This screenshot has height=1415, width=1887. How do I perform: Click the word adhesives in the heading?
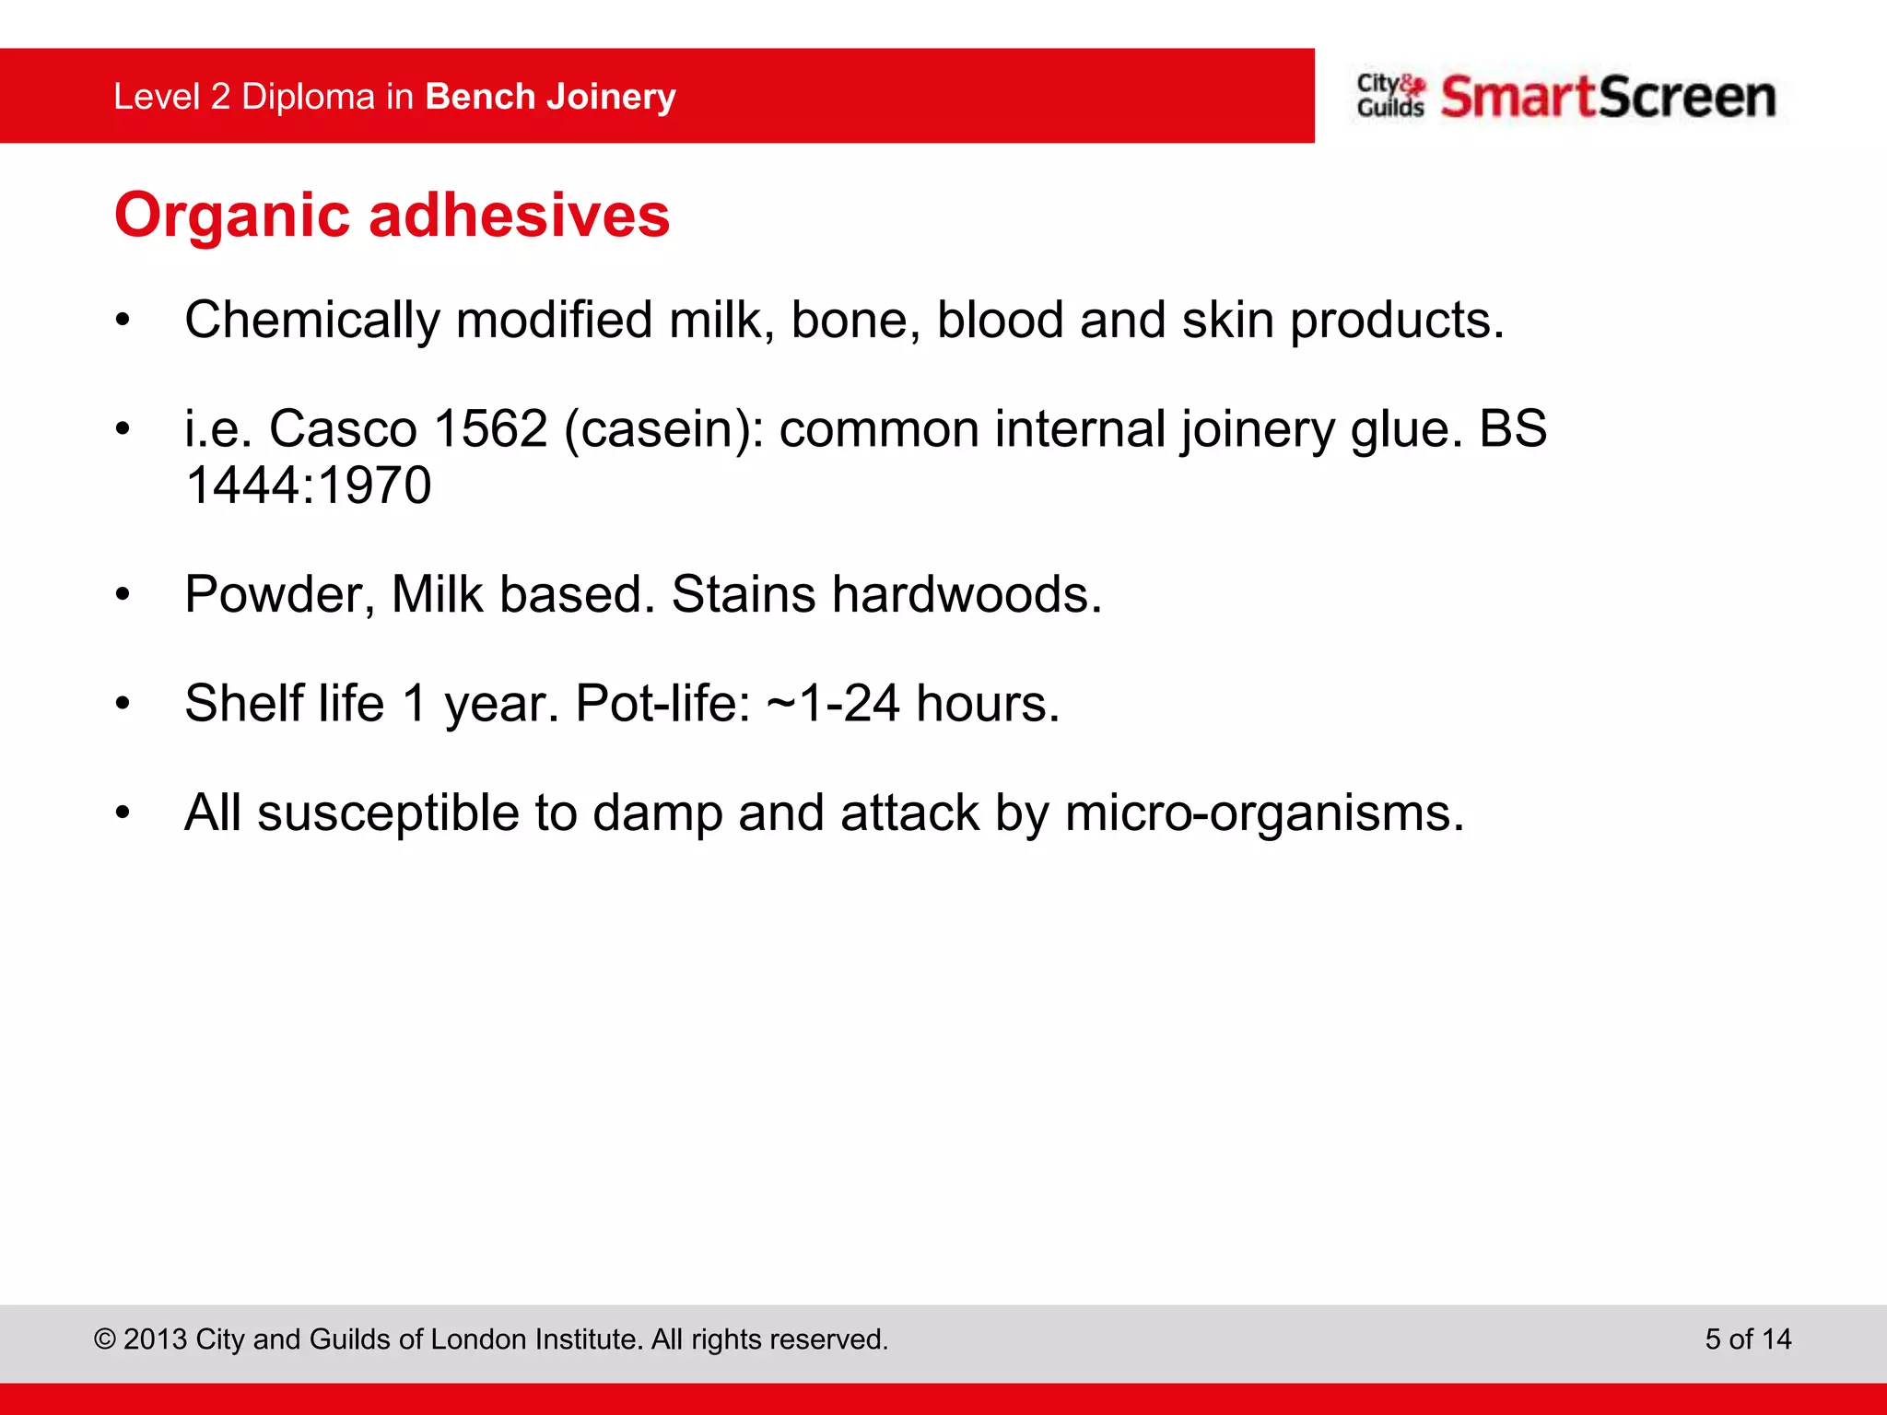[x=519, y=215]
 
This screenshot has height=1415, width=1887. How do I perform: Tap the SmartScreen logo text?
[x=1608, y=97]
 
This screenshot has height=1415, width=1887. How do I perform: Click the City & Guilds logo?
[x=1390, y=96]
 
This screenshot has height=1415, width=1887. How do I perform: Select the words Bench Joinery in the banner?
[x=551, y=97]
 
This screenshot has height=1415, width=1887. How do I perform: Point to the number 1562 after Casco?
[x=490, y=428]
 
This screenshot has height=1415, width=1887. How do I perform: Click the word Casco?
[x=343, y=428]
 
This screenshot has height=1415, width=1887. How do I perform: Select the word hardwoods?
[x=967, y=594]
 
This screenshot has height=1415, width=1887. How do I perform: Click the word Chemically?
[x=311, y=322]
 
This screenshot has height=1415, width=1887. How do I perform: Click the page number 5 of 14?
[x=1748, y=1339]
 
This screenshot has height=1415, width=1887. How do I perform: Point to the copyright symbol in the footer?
[x=105, y=1339]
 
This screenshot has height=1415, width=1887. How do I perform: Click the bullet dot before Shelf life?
[x=123, y=705]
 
